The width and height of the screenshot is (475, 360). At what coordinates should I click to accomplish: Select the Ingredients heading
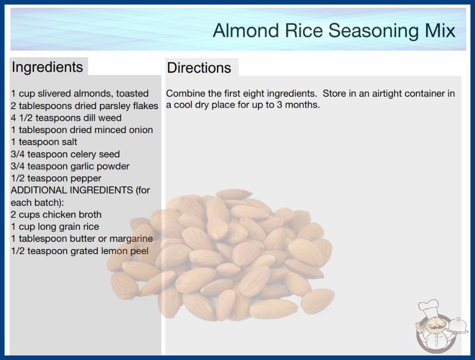(47, 67)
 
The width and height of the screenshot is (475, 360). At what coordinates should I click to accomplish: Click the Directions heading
(199, 68)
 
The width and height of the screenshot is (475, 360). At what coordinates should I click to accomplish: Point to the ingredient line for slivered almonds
(79, 94)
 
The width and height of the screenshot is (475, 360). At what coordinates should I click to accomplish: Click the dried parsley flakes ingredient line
(84, 106)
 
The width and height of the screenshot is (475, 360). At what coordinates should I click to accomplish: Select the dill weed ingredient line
(66, 118)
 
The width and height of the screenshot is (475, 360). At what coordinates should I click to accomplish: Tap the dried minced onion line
(82, 130)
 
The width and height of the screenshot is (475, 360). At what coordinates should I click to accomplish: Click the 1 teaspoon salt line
(44, 142)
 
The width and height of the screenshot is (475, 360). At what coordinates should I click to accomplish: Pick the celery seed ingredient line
(65, 154)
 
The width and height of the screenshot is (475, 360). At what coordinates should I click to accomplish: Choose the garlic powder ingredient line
(70, 166)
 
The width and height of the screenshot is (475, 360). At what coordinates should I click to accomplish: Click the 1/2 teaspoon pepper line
(56, 178)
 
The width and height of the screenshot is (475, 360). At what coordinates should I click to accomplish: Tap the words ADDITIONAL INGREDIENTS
(72, 190)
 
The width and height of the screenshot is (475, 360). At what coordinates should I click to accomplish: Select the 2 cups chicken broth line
(56, 215)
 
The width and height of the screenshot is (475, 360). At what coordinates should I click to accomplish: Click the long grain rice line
(55, 227)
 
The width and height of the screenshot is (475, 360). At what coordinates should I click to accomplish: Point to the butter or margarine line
(82, 239)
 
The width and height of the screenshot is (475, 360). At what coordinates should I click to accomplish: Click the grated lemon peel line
(79, 251)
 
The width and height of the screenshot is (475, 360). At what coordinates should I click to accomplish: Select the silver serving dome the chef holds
(457, 326)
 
